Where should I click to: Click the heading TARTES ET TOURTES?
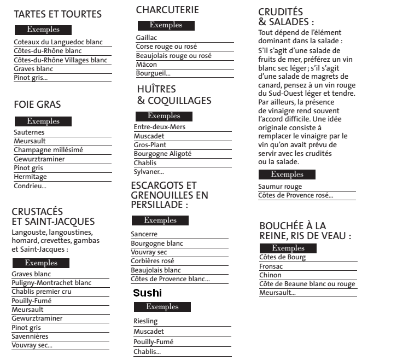point(57,14)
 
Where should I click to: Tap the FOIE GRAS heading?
point(37,104)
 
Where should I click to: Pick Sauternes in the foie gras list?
point(29,132)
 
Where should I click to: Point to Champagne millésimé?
point(48,150)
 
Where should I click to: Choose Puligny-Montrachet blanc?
point(51,283)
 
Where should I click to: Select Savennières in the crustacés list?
point(30,336)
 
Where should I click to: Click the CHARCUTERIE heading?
point(167,10)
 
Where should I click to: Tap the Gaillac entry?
point(147,38)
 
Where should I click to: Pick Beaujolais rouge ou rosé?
point(173,56)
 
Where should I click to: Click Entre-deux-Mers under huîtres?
point(160,127)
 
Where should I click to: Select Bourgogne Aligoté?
point(162,154)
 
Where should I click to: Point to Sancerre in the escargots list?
point(144,234)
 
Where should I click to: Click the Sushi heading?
point(148,293)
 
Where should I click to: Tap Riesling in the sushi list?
point(145,321)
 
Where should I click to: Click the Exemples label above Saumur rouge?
point(287,175)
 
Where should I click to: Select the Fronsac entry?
point(271,266)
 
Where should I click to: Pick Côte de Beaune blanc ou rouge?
point(307,284)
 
